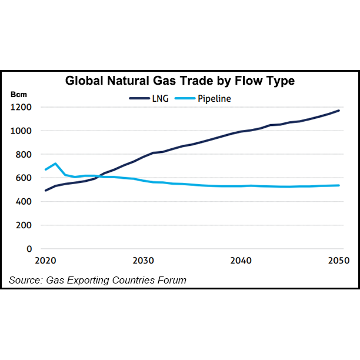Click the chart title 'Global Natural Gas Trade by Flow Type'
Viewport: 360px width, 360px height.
coord(179,81)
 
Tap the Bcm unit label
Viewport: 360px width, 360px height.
coord(18,94)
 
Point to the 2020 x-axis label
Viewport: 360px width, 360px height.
coord(45,261)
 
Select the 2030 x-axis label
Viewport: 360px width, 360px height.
coord(143,261)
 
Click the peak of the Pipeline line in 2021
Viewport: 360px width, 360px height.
coord(55,164)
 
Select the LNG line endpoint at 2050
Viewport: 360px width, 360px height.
coord(339,111)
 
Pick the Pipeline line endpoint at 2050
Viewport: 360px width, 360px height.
coord(339,185)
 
